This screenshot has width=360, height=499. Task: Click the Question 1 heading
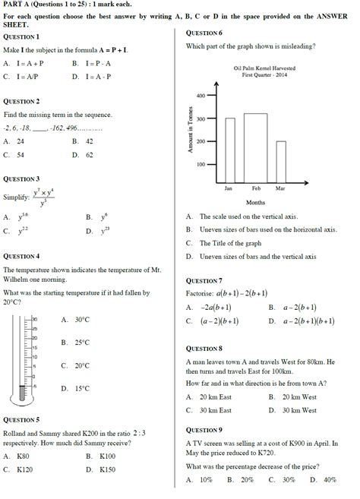(21, 36)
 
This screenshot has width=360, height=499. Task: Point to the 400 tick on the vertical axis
(201, 96)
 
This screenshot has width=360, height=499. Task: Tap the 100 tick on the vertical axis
(201, 164)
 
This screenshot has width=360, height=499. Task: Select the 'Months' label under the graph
(255, 203)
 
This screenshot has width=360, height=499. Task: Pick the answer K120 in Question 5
(25, 469)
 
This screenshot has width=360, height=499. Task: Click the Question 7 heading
(204, 280)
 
